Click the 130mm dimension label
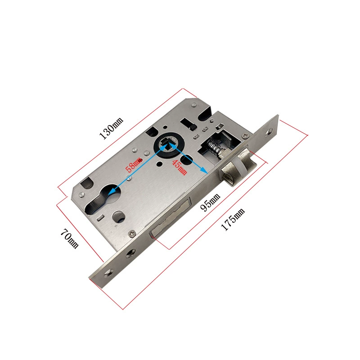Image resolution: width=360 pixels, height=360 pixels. pyautogui.click(x=111, y=128)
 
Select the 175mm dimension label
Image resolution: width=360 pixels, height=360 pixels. pyautogui.click(x=233, y=219)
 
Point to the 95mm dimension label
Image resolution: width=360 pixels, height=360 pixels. pyautogui.click(x=210, y=202)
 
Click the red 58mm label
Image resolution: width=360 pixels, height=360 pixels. pyautogui.click(x=133, y=164)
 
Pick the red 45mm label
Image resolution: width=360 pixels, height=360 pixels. pyautogui.click(x=180, y=167)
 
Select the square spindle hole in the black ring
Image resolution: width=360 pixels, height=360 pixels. pyautogui.click(x=168, y=145)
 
